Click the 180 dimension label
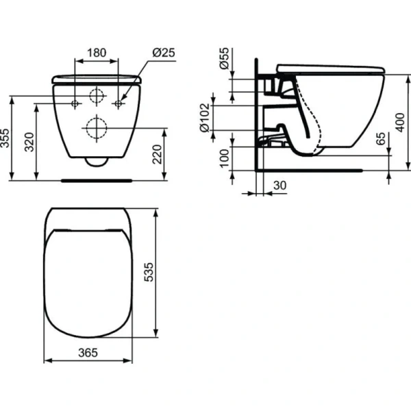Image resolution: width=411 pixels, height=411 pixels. point(97,52)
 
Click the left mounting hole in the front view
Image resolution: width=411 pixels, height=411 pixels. point(75,103)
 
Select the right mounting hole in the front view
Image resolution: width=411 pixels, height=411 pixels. point(119,103)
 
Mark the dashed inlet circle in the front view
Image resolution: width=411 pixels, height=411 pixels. point(97,96)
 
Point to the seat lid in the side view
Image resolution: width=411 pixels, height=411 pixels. point(329,67)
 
